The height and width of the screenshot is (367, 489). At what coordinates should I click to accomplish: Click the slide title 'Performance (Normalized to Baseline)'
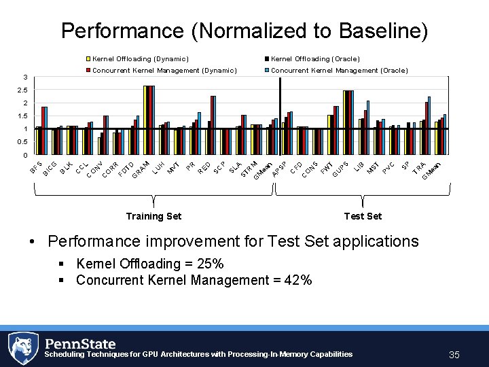pos(244,31)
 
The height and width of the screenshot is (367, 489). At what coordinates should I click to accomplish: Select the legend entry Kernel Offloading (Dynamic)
pos(140,59)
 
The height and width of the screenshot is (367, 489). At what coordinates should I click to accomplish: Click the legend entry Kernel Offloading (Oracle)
pos(315,59)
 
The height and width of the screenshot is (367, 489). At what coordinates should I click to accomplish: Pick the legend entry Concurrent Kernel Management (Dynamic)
pos(164,70)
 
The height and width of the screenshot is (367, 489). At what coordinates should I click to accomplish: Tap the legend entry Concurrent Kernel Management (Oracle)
pos(339,70)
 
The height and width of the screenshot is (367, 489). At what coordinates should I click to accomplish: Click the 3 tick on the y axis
pos(25,77)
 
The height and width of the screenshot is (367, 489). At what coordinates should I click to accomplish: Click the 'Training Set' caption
pos(153,216)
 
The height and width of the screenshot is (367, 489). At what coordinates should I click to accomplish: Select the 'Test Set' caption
pos(363,216)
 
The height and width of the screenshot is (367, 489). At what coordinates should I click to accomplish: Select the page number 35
pos(454,355)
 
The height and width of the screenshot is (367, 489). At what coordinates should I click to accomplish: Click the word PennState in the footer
pos(80,344)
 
